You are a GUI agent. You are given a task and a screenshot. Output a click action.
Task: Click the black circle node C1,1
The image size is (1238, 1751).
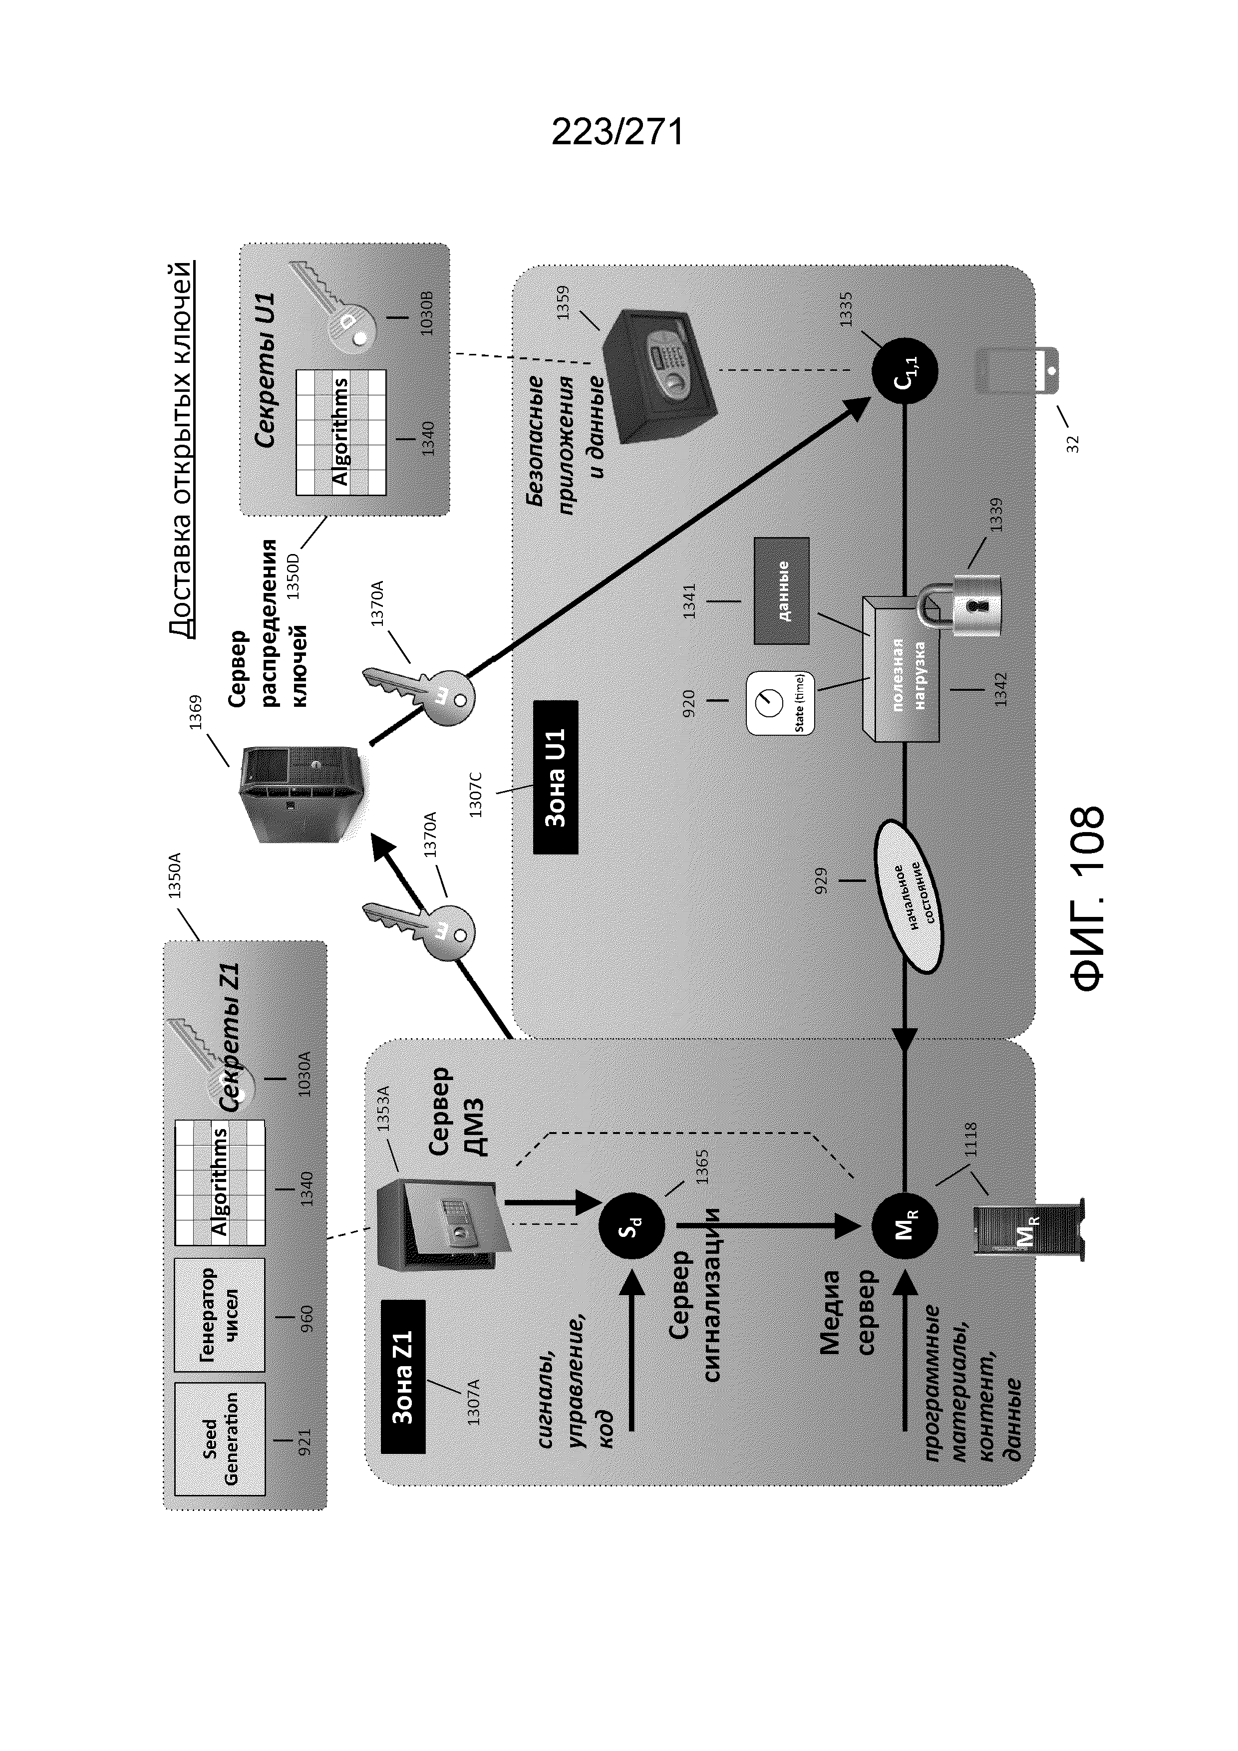(905, 371)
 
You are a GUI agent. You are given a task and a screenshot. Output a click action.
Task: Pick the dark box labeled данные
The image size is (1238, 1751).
(782, 590)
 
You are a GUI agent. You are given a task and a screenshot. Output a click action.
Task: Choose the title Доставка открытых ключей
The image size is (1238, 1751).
(181, 448)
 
